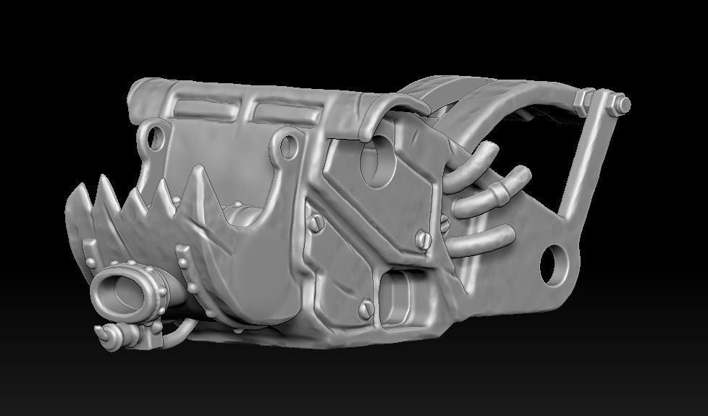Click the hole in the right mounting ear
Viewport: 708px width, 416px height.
click(x=287, y=144)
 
